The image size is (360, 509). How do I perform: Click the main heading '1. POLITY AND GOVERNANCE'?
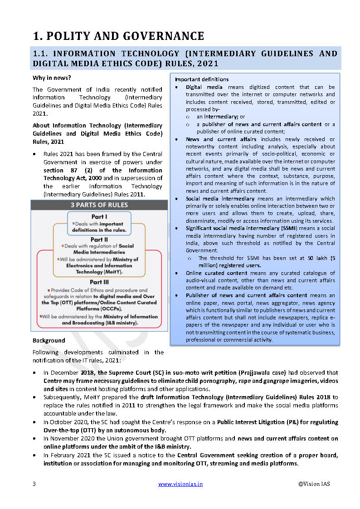click(x=118, y=36)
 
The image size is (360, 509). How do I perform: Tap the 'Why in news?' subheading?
click(x=51, y=78)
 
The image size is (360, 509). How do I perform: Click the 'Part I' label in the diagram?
click(x=99, y=216)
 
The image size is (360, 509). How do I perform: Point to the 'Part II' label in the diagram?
click(x=99, y=239)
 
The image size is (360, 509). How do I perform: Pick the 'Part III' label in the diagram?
click(x=99, y=282)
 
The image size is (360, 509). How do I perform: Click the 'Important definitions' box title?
click(x=202, y=79)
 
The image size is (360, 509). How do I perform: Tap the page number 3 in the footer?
click(x=34, y=484)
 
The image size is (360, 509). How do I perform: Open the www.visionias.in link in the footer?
click(x=180, y=484)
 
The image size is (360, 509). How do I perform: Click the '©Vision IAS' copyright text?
click(x=314, y=484)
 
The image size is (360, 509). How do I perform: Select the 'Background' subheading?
click(x=49, y=340)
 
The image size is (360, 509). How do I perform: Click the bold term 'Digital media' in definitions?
click(x=205, y=87)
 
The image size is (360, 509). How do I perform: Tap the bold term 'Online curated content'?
click(x=216, y=273)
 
